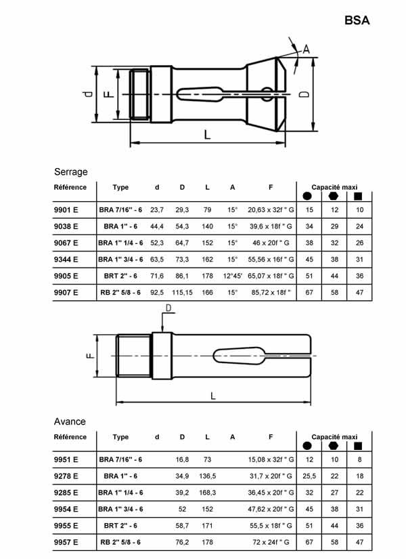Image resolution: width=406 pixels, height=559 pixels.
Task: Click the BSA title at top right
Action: [x=357, y=21]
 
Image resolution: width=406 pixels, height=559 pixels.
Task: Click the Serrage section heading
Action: [x=70, y=172]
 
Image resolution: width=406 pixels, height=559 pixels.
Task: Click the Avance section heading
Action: [x=70, y=421]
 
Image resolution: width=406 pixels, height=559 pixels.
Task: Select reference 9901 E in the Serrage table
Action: [x=66, y=210]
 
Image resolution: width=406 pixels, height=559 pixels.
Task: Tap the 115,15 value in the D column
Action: [x=182, y=293]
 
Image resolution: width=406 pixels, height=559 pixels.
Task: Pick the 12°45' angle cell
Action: [x=232, y=276]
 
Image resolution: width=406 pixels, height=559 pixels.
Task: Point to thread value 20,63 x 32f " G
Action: [x=270, y=210]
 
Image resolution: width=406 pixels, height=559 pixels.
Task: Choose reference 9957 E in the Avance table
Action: [x=66, y=542]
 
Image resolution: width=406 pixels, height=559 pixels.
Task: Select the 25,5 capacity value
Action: [x=310, y=476]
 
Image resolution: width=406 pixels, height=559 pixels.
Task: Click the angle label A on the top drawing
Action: [x=305, y=49]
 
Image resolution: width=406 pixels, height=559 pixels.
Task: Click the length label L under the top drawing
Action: [x=207, y=134]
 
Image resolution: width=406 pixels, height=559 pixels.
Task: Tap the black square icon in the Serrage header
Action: [x=358, y=196]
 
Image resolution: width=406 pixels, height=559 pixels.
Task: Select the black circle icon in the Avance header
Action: [x=309, y=446]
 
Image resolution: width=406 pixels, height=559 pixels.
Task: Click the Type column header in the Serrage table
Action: [x=120, y=187]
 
